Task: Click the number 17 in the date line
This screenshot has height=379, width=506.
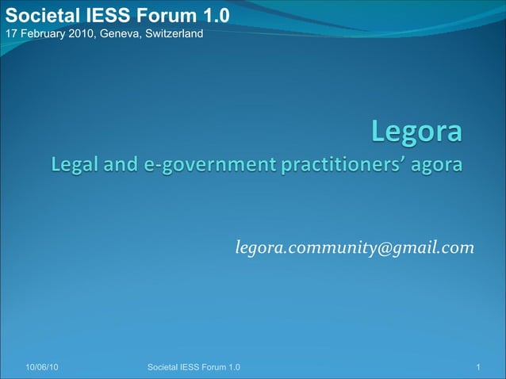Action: [x=11, y=33]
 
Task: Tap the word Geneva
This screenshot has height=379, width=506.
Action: [x=119, y=33]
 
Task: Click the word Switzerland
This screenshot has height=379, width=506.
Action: [x=173, y=33]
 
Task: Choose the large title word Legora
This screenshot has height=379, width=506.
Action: [x=416, y=132]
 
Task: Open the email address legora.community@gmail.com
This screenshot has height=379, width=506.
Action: [x=355, y=249]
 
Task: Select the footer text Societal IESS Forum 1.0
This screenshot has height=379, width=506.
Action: [x=194, y=367]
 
